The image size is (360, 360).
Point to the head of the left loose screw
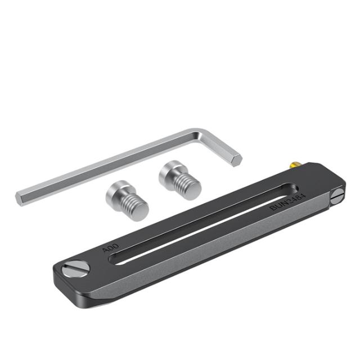[117, 192]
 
